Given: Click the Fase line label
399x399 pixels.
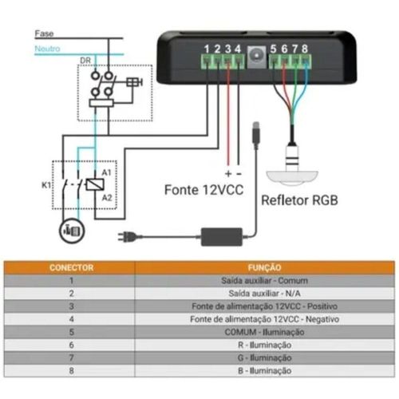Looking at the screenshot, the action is point(44,34).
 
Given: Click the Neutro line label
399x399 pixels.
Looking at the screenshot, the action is point(47,49).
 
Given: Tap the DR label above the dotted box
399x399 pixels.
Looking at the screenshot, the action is point(85,61).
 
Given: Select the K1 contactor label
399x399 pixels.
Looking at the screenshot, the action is point(46,185).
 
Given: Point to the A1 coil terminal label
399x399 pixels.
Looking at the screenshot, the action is point(106,172).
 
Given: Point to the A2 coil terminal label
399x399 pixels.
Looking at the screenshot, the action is point(107,198).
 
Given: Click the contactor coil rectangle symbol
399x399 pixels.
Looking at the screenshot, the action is point(95,184).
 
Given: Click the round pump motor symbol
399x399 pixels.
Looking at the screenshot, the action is point(72,231).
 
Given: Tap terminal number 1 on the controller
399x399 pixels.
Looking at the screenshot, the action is point(207,49).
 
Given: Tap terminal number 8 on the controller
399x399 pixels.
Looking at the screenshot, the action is point(305,49).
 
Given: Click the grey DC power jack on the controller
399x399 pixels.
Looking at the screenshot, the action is point(256,57).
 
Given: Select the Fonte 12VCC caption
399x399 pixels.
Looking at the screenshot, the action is point(204,190).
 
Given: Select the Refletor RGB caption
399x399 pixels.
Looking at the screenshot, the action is point(299,200).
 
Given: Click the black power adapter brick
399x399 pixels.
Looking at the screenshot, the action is point(222,237).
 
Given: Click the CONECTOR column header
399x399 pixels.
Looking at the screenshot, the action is point(72,267).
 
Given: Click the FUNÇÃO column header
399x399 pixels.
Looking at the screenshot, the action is point(264,267).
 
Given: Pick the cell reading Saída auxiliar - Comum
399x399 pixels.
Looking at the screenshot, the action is point(264,281).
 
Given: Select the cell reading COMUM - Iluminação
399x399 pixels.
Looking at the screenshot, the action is point(264,332).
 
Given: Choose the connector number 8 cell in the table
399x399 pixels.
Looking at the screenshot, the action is point(71,371).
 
